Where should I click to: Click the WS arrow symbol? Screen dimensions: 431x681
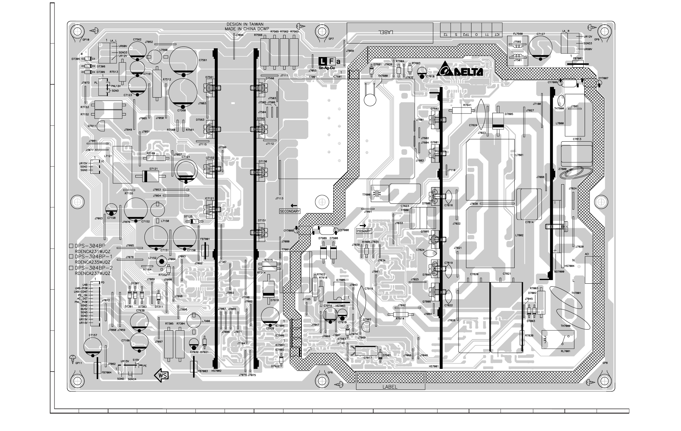click(x=161, y=375)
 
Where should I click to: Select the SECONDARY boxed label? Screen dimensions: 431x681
click(x=290, y=211)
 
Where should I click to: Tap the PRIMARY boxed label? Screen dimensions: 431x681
click(x=364, y=231)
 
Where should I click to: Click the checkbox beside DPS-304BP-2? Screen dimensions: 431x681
click(x=71, y=268)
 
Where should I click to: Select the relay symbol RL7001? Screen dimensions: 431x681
click(x=558, y=339)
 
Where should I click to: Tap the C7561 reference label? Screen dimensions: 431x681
click(x=203, y=60)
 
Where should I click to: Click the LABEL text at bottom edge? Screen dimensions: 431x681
click(x=390, y=387)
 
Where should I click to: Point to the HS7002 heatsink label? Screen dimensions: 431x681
click(x=216, y=371)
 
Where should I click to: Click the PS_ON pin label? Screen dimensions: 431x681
click(x=83, y=295)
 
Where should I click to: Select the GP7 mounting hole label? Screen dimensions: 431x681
click(x=331, y=39)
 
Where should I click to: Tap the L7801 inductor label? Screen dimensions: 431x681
click(x=519, y=155)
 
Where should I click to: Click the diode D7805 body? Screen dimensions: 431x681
click(x=498, y=121)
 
